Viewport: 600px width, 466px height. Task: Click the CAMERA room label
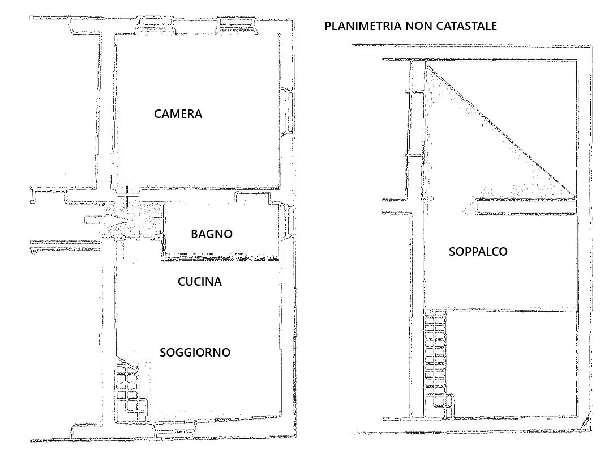point(178,114)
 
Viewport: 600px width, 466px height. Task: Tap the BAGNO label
point(212,234)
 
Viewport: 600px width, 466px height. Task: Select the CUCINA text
point(200,282)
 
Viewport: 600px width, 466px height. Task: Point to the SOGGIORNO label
point(195,353)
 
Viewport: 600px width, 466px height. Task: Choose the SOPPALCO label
point(478,252)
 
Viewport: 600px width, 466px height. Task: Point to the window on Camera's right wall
point(288,112)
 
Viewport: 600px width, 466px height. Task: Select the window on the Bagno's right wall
point(288,222)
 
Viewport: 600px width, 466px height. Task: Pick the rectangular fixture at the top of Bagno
point(252,197)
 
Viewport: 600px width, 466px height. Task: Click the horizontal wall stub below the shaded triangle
point(526,206)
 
